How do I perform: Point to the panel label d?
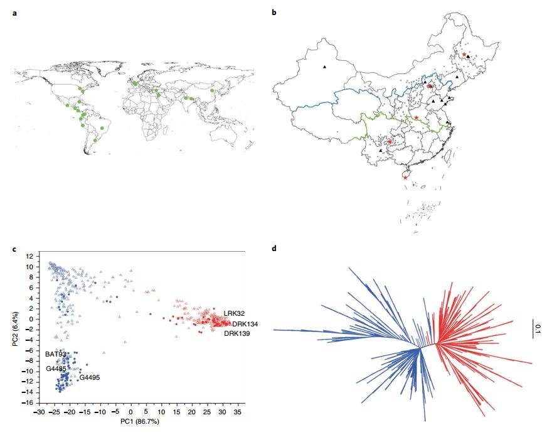(x=274, y=249)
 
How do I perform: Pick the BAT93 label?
(x=55, y=355)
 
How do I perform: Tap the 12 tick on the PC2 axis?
(x=29, y=257)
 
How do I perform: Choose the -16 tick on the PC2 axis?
(x=28, y=402)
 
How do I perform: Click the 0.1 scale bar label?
(x=538, y=327)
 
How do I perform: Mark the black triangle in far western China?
(x=324, y=67)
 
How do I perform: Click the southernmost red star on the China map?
(x=405, y=178)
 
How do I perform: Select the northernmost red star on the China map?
(x=464, y=55)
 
